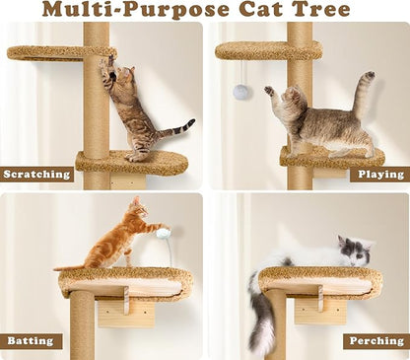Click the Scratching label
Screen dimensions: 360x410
click(x=37, y=175)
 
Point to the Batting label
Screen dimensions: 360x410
click(x=31, y=340)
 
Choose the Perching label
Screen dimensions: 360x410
click(x=376, y=340)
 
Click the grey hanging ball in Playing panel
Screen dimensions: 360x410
click(x=241, y=91)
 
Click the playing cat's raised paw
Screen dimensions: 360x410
click(x=269, y=91)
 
